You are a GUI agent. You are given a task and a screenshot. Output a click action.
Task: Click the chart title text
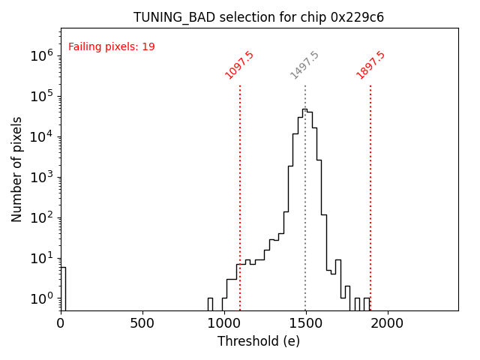pos(259,17)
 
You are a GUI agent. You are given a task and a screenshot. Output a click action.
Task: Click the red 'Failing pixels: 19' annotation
pos(112,47)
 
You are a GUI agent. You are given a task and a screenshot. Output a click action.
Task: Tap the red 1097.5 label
pos(240,65)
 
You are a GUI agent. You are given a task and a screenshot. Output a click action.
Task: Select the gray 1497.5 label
pos(305,65)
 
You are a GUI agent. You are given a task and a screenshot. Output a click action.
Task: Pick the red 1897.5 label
pos(370,65)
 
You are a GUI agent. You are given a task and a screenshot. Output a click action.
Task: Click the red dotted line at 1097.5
pos(240,187)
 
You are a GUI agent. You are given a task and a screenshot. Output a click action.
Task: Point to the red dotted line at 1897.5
pos(370,187)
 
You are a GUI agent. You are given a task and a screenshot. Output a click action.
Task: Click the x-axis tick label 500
pos(142,323)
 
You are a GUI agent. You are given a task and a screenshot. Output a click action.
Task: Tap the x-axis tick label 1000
pos(224,323)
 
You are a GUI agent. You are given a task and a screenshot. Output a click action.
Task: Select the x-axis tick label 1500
pos(306,323)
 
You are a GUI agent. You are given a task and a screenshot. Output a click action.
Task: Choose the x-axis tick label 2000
pos(388,323)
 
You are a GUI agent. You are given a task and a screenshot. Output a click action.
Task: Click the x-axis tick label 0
pos(61,323)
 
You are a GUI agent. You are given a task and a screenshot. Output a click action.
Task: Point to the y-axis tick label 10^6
pos(40,55)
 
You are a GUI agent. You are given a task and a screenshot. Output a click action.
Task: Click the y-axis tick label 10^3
pos(40,177)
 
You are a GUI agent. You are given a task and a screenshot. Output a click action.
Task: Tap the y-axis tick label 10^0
pos(40,298)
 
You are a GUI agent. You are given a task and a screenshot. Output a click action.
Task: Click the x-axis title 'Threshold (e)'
pos(259,341)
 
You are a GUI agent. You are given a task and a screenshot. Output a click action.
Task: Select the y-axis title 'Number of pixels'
pos(17,169)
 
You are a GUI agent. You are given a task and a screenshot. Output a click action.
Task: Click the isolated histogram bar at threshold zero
pos(63,289)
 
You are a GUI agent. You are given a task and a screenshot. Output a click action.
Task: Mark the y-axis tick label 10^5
pos(40,96)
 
